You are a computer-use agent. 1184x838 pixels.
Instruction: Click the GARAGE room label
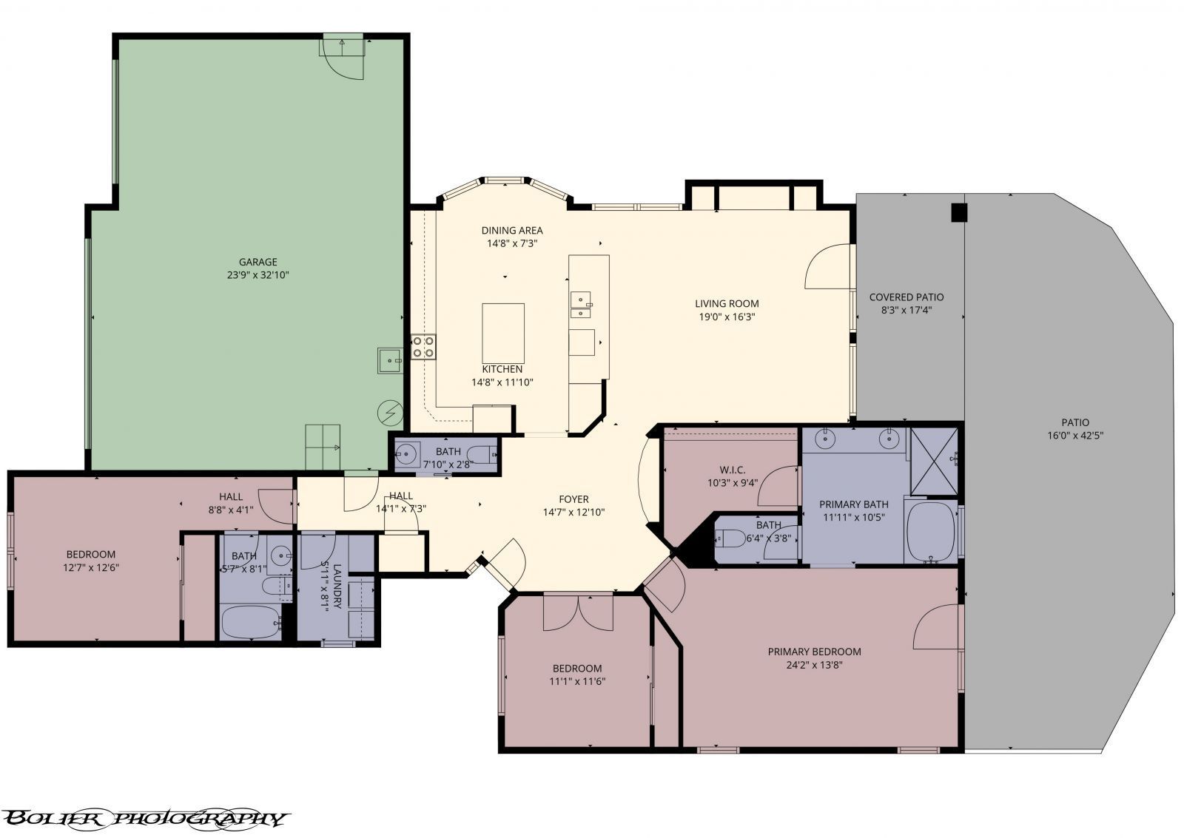[x=258, y=262]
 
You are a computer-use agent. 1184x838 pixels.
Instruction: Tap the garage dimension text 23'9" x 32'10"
[x=258, y=275]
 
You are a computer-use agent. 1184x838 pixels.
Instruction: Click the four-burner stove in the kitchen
[x=423, y=346]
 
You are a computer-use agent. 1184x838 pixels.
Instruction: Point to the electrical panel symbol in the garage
[x=389, y=412]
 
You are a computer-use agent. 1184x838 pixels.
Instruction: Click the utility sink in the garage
[x=389, y=361]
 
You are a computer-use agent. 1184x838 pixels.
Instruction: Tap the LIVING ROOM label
[x=726, y=303]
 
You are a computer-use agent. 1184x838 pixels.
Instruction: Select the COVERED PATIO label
[x=906, y=297]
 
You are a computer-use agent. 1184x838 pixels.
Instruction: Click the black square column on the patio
[x=958, y=212]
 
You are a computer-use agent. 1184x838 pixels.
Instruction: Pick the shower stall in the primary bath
[x=933, y=460]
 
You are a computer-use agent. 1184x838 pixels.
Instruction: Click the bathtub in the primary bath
[x=930, y=532]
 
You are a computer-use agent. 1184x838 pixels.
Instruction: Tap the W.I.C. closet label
[x=732, y=470]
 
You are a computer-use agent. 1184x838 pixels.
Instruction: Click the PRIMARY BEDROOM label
[x=814, y=652]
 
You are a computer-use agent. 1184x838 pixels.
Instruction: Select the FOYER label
[x=573, y=499]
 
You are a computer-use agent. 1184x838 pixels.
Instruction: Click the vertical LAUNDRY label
[x=337, y=586]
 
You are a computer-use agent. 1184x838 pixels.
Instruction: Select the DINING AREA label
[x=512, y=230]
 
